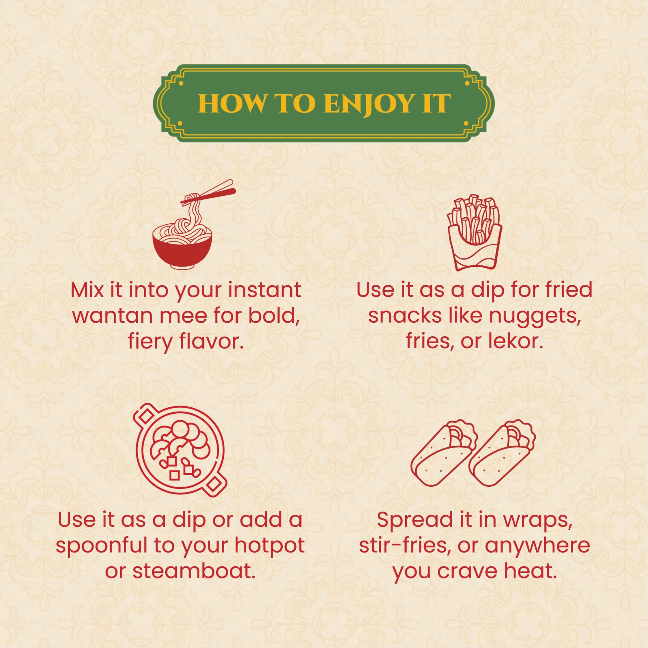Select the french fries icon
coord(475,232)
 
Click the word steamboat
coord(191,571)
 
